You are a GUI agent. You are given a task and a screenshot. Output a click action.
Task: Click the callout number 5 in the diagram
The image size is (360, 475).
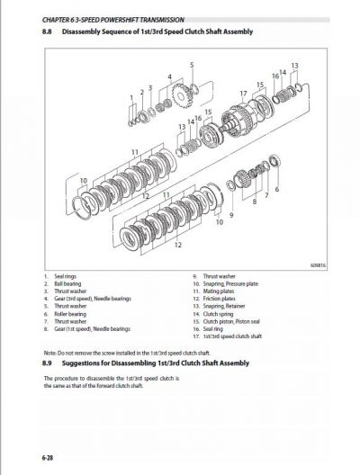[x=191, y=66]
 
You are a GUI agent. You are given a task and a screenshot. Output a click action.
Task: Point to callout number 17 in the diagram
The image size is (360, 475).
[x=243, y=93]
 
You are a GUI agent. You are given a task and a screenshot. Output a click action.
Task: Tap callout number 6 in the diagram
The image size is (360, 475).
[x=275, y=190]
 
